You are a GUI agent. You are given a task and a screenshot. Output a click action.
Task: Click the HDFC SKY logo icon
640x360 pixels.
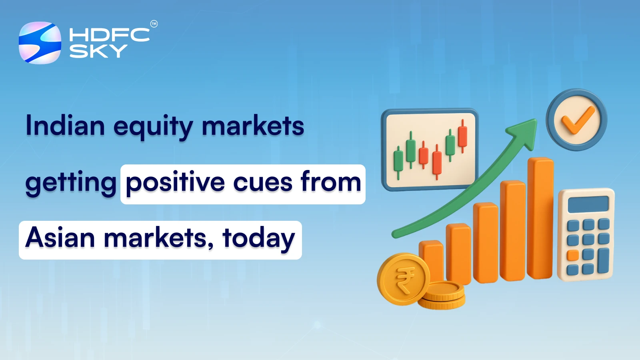click(40, 43)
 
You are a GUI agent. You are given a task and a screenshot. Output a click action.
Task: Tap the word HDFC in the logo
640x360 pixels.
click(109, 35)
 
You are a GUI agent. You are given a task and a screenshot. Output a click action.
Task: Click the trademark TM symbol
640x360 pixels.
click(154, 24)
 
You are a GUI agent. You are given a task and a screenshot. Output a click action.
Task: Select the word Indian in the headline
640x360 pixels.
click(65, 126)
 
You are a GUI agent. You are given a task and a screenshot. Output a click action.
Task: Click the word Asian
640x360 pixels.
click(60, 238)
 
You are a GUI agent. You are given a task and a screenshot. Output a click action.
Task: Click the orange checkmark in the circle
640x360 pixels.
click(577, 120)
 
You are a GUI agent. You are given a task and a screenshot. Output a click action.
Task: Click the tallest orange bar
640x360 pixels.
click(540, 218)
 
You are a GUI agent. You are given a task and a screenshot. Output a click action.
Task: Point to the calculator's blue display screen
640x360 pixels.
click(588, 204)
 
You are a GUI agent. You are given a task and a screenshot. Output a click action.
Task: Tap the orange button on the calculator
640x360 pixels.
click(573, 255)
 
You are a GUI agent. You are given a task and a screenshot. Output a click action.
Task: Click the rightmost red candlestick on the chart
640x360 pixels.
click(463, 136)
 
